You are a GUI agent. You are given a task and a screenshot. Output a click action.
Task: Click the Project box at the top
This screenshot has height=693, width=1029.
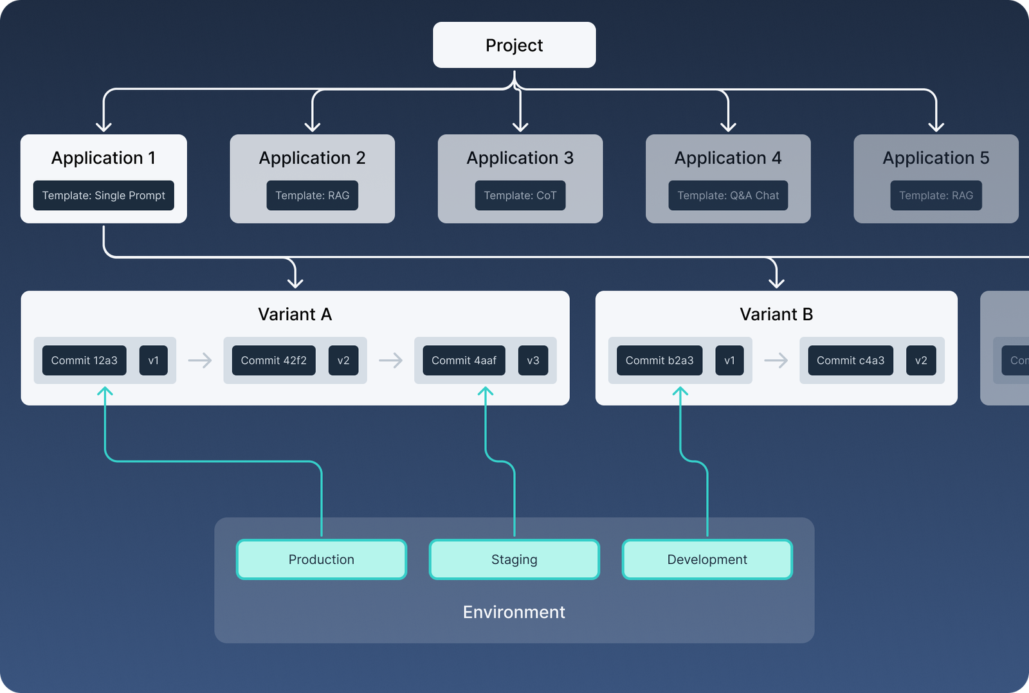(514, 45)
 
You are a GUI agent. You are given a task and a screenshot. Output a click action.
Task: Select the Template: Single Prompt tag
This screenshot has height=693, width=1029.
(104, 195)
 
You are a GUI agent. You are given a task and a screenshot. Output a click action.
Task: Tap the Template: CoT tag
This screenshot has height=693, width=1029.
(520, 195)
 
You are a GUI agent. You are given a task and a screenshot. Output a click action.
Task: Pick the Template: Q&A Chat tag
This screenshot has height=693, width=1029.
(728, 195)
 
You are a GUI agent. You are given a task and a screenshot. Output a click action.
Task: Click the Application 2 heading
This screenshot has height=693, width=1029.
(312, 158)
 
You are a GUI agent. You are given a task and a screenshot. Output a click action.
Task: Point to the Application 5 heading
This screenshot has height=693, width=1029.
(936, 158)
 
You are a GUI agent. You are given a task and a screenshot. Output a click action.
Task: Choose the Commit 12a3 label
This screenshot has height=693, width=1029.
(84, 361)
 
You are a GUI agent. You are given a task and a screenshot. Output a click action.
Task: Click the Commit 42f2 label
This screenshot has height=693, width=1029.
(273, 361)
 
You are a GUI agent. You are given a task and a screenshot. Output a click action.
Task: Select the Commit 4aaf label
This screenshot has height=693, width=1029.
(464, 361)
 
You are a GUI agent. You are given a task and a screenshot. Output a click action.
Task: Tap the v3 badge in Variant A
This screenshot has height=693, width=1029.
(533, 361)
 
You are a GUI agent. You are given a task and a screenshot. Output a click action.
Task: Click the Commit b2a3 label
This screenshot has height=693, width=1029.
(659, 361)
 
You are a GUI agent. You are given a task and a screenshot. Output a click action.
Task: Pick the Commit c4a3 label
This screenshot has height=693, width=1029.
(850, 361)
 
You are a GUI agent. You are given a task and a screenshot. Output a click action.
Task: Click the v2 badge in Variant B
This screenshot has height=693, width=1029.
(921, 361)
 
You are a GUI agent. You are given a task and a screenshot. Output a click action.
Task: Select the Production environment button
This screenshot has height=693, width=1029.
(322, 559)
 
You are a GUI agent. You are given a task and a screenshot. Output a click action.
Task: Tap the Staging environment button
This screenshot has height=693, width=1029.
(514, 559)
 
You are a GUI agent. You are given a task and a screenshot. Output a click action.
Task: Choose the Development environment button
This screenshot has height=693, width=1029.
(707, 559)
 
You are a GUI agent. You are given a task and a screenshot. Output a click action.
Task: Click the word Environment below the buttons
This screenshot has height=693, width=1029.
(514, 612)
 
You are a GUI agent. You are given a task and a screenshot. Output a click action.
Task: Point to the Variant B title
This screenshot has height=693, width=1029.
(776, 314)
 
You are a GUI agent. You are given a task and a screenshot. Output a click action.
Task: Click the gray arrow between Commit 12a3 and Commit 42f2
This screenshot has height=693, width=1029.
(200, 360)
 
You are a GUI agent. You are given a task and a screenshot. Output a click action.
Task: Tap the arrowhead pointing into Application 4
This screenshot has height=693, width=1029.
(728, 125)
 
